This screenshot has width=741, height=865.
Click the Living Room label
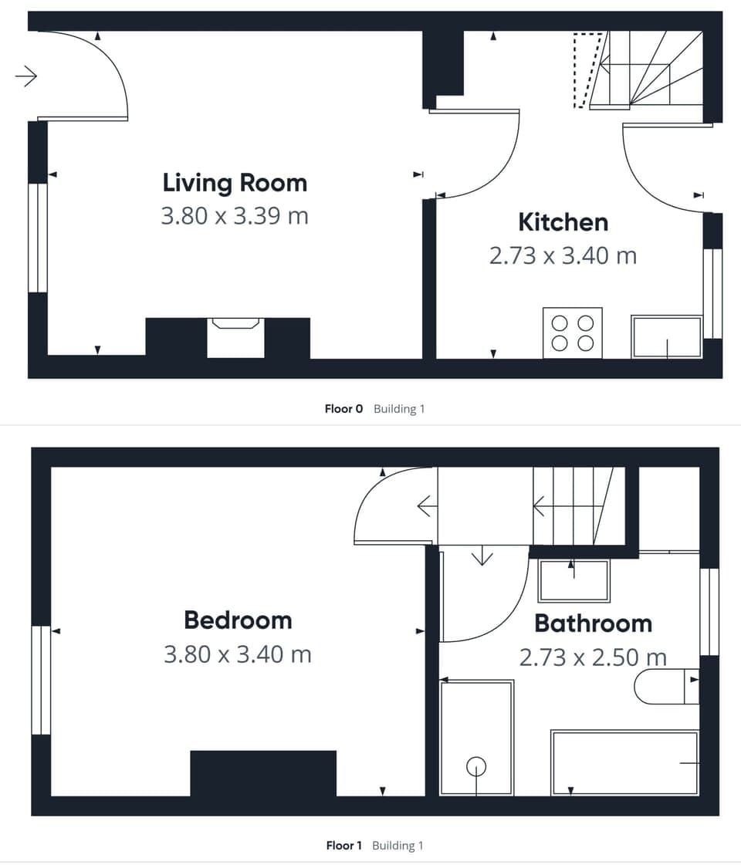pos(235,183)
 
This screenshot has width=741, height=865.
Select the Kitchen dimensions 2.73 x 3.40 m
pos(563,255)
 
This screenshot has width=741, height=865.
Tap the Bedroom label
pos(238,620)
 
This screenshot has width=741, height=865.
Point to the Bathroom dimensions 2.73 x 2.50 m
pos(593,657)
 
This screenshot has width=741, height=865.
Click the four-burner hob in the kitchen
pos(573,333)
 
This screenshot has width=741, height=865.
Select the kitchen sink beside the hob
pos(667,336)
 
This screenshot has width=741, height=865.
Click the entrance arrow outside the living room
pos(26,76)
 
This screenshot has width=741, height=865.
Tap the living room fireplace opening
pos(235,337)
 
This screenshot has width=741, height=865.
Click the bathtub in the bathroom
pos(625,762)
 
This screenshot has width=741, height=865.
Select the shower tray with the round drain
pos(476,737)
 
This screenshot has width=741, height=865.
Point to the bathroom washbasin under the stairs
pos(574,581)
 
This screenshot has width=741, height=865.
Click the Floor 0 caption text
pos(343,409)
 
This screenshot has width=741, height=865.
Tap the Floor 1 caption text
pos(343,846)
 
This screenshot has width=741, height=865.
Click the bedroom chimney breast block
pos(263,772)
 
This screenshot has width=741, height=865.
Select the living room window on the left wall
pos(36,238)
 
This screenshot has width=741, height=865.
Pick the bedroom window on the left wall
pos(40,680)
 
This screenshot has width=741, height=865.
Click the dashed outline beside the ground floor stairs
pos(588,69)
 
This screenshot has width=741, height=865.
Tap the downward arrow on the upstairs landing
pos(482,556)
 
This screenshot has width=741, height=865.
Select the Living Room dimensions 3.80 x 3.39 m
pos(235,216)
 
